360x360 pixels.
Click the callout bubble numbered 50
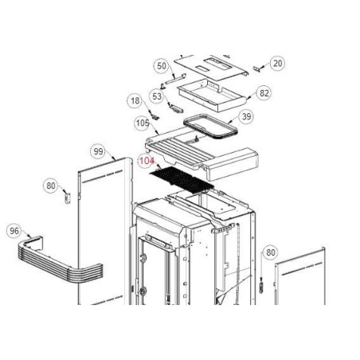pyautogui.click(x=162, y=66)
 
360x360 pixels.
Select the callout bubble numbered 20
pyautogui.click(x=277, y=63)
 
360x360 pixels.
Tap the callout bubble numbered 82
pyautogui.click(x=264, y=93)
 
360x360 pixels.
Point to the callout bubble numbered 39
pyautogui.click(x=246, y=116)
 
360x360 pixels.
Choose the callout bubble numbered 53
pyautogui.click(x=157, y=96)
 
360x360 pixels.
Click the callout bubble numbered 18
pyautogui.click(x=135, y=100)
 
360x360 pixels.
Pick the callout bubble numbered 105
pyautogui.click(x=143, y=123)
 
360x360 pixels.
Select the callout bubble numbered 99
pyautogui.click(x=98, y=151)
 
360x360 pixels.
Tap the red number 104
pyautogui.click(x=147, y=161)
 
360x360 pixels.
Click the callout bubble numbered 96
pyautogui.click(x=14, y=231)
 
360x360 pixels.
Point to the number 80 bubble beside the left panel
pyautogui.click(x=51, y=186)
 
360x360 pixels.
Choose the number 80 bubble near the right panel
pyautogui.click(x=271, y=252)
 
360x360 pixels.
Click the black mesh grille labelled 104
pyautogui.click(x=182, y=181)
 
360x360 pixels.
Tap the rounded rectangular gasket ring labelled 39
pyautogui.click(x=210, y=127)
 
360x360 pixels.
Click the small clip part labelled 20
pyautogui.click(x=256, y=68)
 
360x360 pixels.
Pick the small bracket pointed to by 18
pyautogui.click(x=155, y=116)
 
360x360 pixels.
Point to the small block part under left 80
pyautogui.click(x=68, y=198)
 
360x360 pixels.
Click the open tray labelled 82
pyautogui.click(x=212, y=94)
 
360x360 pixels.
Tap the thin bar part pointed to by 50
pyautogui.click(x=175, y=80)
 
